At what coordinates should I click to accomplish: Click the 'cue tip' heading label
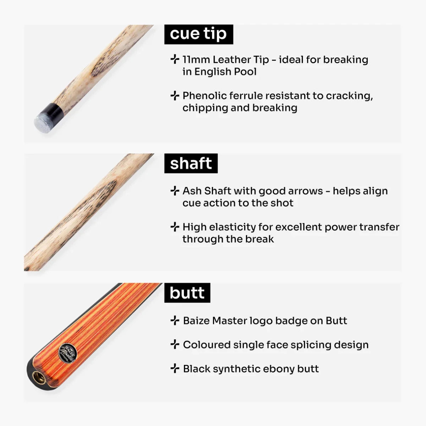198,34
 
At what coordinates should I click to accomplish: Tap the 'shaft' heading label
191,164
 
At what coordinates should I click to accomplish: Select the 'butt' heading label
187,293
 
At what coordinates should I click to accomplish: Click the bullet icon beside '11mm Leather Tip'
175,59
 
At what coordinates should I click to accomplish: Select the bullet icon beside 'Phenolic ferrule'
175,95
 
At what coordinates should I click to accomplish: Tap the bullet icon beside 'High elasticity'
175,227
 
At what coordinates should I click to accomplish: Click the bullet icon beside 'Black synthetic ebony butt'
175,369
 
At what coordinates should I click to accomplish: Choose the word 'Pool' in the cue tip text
245,72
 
